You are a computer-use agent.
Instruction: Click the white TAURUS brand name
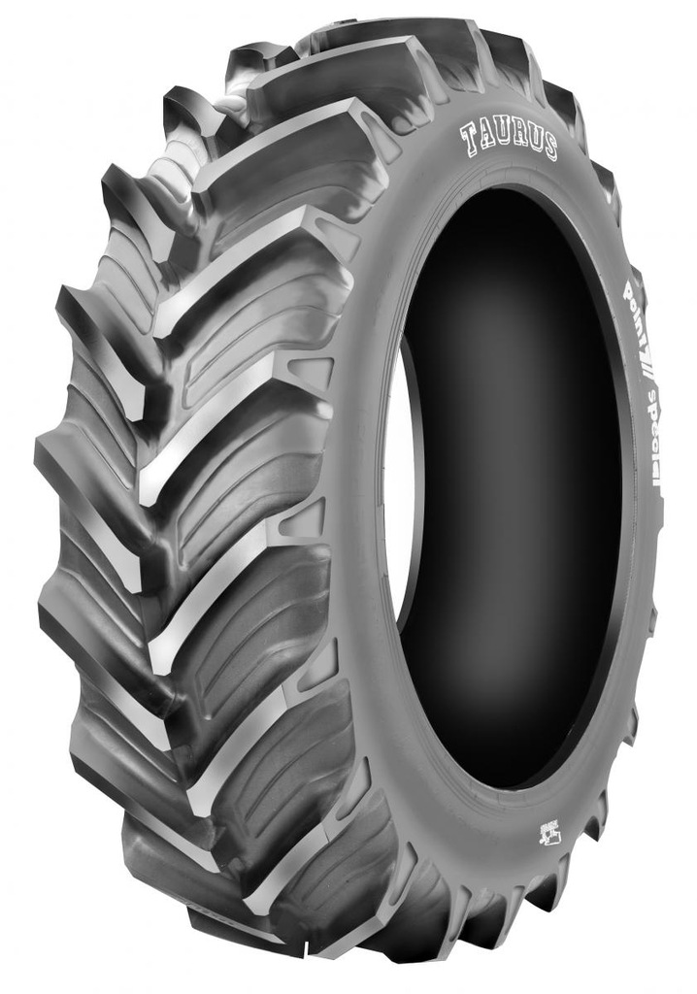[509, 140]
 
